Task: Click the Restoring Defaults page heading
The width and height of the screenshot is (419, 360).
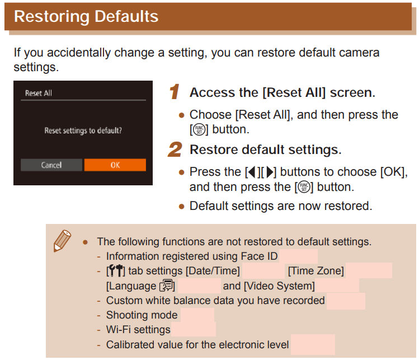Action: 86,16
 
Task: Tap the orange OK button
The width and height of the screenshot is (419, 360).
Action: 115,165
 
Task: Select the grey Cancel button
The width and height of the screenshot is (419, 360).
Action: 51,165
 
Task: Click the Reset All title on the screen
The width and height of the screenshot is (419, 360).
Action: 39,93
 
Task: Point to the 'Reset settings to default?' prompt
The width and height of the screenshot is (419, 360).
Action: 83,130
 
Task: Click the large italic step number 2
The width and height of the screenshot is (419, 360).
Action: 175,150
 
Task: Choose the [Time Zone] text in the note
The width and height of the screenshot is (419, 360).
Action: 316,272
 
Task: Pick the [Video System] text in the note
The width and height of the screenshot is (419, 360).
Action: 279,286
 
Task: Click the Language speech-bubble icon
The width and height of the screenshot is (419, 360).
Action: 166,286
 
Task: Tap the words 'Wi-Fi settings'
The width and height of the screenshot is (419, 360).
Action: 138,330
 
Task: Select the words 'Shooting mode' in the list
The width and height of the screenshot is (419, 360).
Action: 142,315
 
